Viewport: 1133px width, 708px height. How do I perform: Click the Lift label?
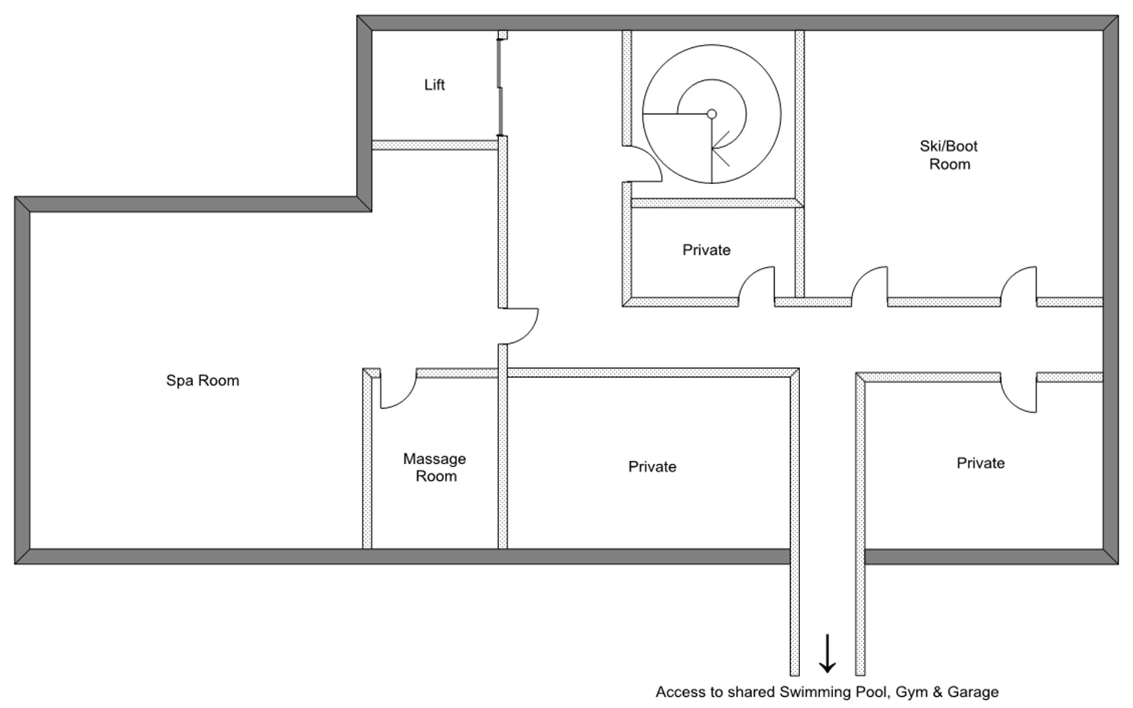coord(434,85)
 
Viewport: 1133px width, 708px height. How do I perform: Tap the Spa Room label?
coord(202,381)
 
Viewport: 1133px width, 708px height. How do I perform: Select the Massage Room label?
coord(435,467)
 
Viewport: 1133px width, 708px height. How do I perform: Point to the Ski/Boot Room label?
coord(949,155)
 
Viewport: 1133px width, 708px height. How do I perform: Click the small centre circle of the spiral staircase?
coord(712,114)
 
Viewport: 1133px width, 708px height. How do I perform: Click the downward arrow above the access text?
coord(827,654)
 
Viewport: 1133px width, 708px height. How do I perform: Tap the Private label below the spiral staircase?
coord(706,250)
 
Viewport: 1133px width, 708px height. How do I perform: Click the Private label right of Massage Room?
coord(652,467)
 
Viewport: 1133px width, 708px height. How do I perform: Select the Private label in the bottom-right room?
coord(980,463)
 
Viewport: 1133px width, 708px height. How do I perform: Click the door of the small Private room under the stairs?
coord(757,286)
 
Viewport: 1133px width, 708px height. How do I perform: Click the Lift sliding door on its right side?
coord(500,84)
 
